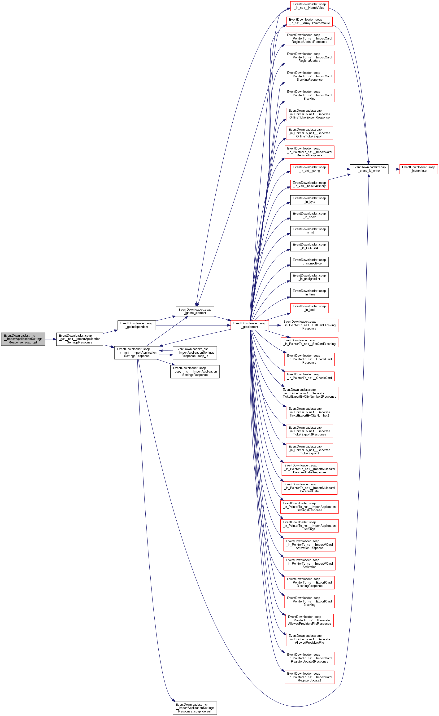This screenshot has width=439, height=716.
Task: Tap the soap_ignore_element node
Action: [195, 311]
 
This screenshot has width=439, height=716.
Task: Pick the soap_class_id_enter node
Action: [369, 169]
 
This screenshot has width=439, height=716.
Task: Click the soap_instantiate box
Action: [418, 169]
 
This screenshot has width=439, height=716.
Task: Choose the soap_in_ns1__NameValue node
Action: [309, 6]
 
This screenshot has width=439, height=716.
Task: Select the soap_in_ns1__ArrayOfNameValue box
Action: [309, 21]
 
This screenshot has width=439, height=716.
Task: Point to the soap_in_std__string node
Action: [309, 169]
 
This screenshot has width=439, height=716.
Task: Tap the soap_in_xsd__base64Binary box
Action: [309, 184]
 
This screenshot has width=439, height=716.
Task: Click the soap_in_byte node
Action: [309, 200]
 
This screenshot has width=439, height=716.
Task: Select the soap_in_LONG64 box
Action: [309, 246]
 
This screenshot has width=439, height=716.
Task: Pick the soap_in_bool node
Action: [309, 308]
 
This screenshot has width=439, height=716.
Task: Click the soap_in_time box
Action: [309, 293]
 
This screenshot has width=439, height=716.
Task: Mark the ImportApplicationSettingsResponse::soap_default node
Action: [195, 708]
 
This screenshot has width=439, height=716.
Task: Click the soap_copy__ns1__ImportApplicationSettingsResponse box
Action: [195, 371]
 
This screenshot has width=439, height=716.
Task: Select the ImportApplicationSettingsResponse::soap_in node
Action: [195, 352]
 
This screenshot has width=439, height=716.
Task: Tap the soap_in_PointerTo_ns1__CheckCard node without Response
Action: [309, 376]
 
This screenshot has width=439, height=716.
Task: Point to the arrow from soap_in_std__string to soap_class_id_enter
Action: [339, 169]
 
